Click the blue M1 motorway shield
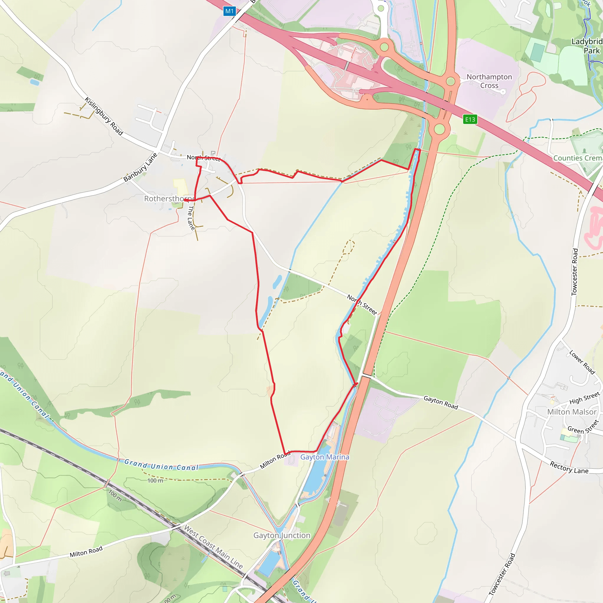[229, 11]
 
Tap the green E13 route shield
[470, 119]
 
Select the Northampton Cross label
[489, 81]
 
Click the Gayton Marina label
[324, 457]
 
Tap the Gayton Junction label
[281, 535]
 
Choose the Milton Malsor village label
[572, 412]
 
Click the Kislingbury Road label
[104, 116]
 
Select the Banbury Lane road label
[140, 168]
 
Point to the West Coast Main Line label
[213, 546]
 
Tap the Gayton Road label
[440, 402]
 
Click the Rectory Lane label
[569, 468]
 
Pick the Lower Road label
[582, 362]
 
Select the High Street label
[584, 398]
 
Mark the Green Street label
[583, 427]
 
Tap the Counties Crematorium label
[577, 158]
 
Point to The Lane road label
[191, 218]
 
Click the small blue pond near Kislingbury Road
[35, 82]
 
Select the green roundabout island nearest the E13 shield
[440, 129]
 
